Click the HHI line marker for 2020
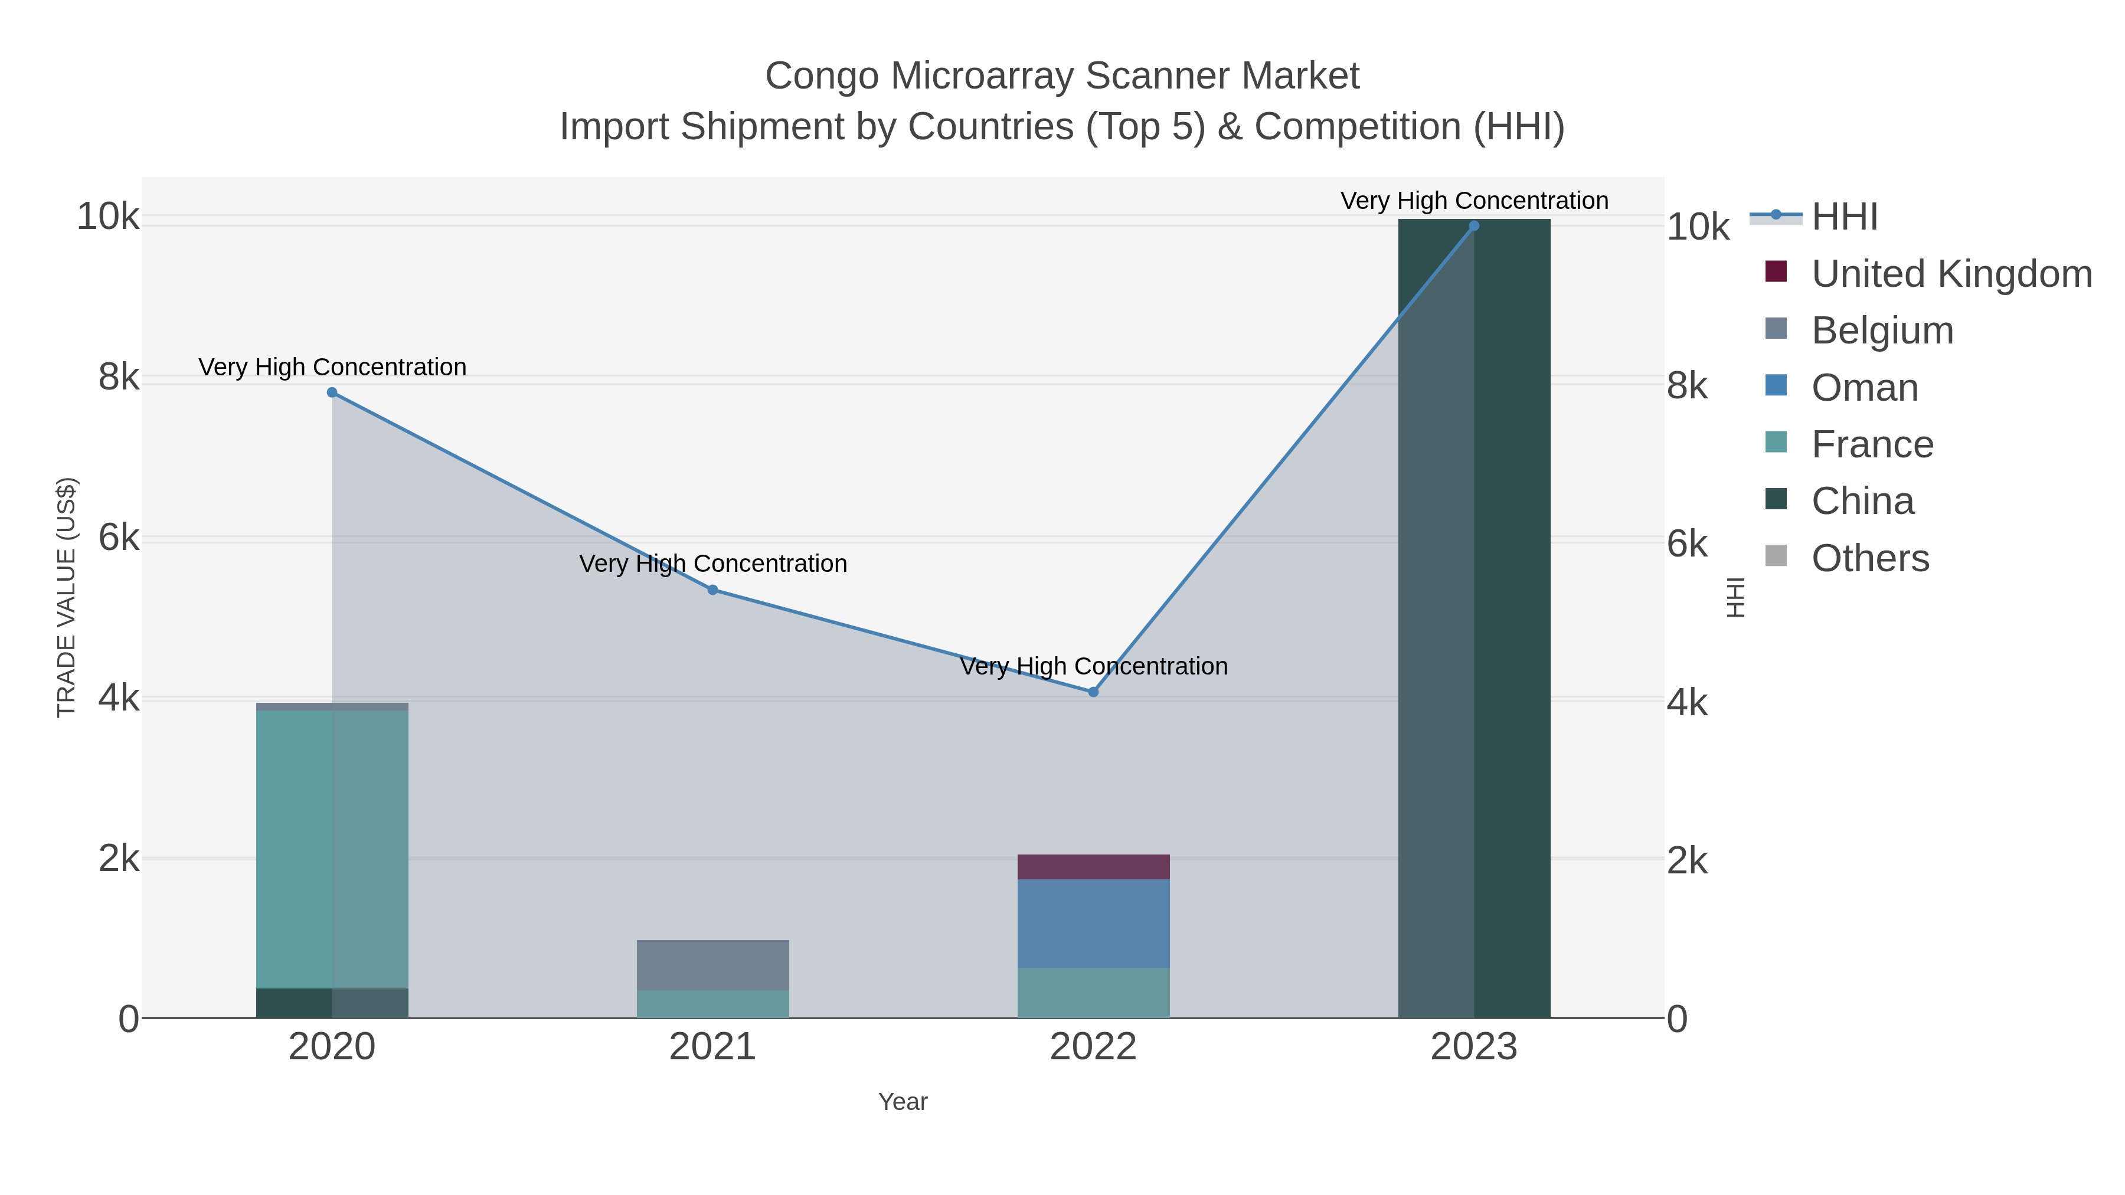(x=332, y=392)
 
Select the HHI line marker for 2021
(x=712, y=590)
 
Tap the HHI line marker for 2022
(x=1093, y=692)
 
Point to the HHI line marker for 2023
(x=1473, y=226)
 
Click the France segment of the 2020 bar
(x=332, y=849)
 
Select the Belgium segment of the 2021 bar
(x=712, y=965)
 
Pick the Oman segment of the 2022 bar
(x=1093, y=924)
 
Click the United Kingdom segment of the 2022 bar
(x=1093, y=867)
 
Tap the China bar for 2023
(x=1473, y=618)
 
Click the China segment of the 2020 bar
(x=332, y=1003)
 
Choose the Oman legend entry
(x=1864, y=388)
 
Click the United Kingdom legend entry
(x=1951, y=274)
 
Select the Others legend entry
(x=1870, y=558)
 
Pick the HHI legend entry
(x=1845, y=217)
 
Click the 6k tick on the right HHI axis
(x=1687, y=544)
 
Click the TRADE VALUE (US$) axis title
(x=66, y=597)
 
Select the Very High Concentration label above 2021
(x=712, y=564)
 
